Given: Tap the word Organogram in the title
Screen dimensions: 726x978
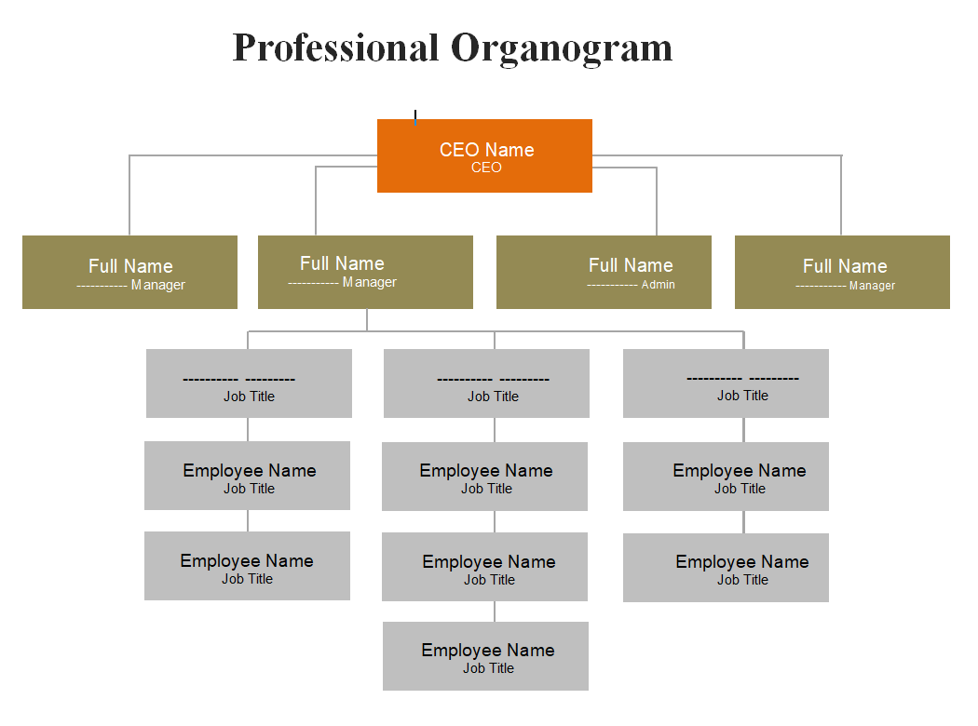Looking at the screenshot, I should [x=562, y=47].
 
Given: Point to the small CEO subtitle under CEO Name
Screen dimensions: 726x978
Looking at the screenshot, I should [x=486, y=168].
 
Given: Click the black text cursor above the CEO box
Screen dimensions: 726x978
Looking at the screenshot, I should [x=415, y=117].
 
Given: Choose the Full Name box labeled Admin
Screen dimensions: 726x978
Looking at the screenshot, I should [x=604, y=272].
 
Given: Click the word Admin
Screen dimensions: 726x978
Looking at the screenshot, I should [x=658, y=285].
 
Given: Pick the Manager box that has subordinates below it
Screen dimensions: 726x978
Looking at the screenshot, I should [x=365, y=272].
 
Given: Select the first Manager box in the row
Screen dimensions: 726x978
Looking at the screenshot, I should [x=129, y=272].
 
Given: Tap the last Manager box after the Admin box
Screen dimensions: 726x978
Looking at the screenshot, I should [x=842, y=272].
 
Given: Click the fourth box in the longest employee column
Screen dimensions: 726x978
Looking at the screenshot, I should [x=485, y=656].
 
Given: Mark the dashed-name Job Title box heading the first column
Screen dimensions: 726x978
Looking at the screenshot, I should [x=249, y=383].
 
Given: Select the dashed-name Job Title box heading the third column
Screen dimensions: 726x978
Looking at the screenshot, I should [x=726, y=383].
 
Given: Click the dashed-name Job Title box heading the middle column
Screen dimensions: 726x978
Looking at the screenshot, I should [x=486, y=383].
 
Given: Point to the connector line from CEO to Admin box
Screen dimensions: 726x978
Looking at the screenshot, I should [x=657, y=200].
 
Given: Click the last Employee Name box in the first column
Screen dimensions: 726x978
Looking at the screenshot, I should [x=247, y=566].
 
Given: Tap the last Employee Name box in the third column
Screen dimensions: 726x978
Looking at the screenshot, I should [x=726, y=568].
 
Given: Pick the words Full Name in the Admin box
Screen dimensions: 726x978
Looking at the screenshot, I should [x=631, y=265].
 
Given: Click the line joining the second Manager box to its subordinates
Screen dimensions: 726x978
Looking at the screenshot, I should [x=367, y=319].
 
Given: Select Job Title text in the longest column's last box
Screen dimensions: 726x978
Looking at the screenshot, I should [x=488, y=668].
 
